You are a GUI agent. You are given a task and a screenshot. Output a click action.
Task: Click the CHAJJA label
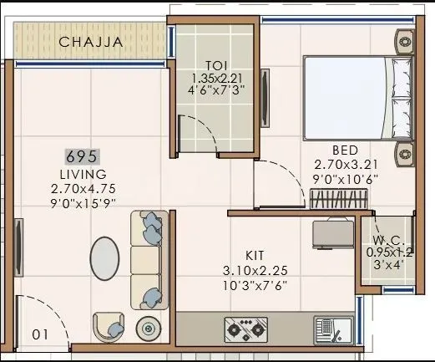[x=92, y=41]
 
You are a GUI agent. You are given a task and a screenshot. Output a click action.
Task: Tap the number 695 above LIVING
[x=83, y=156]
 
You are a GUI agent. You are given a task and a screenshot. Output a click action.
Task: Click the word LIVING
[x=83, y=174]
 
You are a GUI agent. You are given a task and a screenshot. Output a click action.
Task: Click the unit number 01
[x=39, y=335]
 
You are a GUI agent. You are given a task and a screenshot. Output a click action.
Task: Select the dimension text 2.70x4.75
[x=83, y=188]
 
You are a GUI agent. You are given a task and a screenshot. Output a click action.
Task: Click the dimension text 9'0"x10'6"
[x=344, y=178]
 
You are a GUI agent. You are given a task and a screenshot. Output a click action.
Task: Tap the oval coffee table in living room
[x=104, y=257]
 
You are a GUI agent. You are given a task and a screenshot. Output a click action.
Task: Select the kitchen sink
[x=333, y=329]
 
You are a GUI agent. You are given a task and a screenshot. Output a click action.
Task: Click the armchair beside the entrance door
[x=109, y=327]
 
